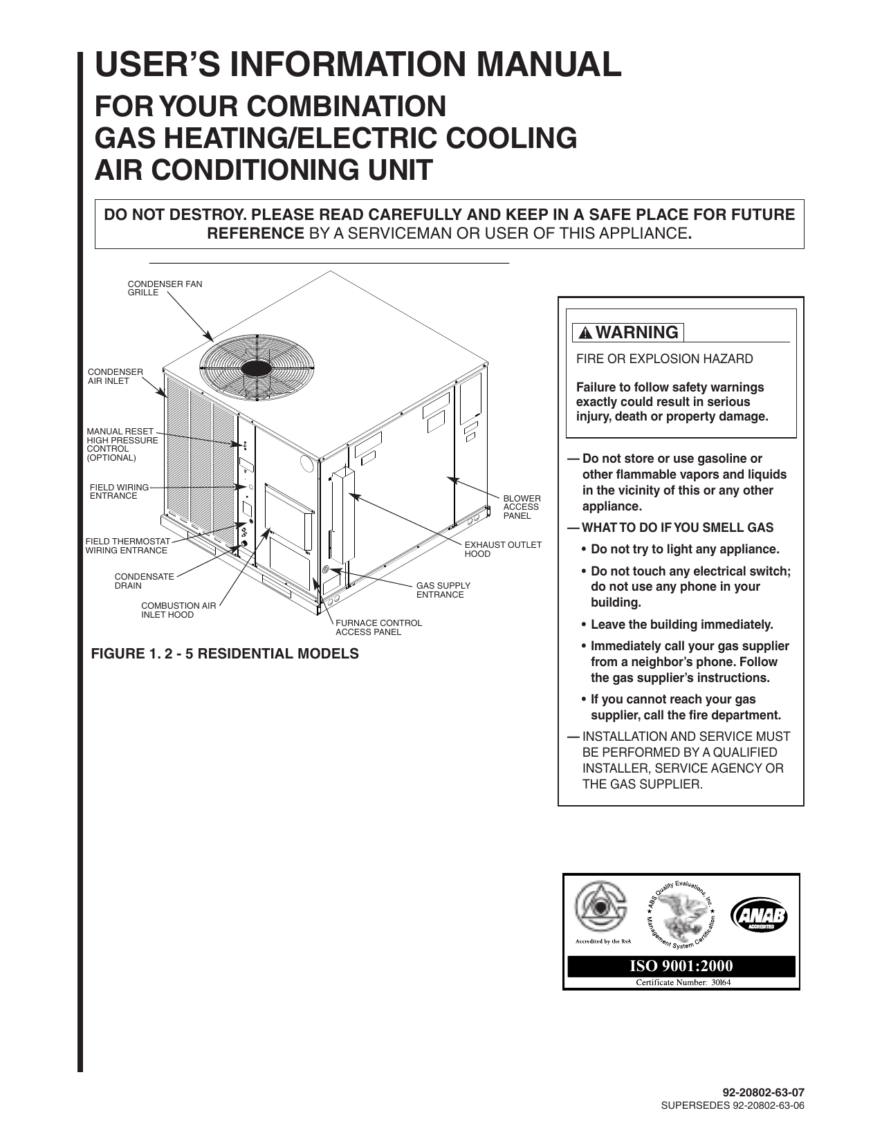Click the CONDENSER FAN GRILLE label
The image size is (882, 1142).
165,288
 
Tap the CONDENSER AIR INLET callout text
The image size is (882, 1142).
115,376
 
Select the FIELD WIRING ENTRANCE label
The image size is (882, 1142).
119,492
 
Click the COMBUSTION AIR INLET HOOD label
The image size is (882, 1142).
178,610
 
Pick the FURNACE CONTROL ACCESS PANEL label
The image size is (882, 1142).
378,627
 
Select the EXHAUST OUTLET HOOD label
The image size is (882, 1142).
503,549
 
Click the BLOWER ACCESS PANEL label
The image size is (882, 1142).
522,507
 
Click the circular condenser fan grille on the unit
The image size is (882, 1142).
257,365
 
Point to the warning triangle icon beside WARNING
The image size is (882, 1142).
585,333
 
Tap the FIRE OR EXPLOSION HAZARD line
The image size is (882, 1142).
665,359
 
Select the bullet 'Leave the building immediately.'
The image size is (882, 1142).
681,625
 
